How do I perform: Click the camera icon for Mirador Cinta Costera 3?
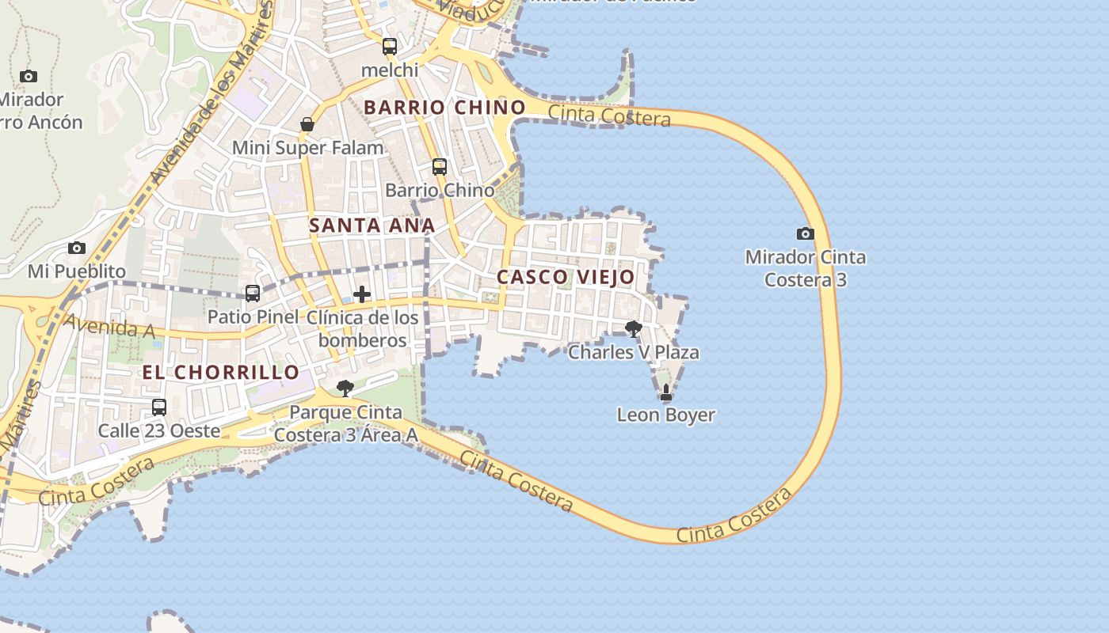click(x=805, y=233)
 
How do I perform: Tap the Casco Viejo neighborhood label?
click(x=566, y=277)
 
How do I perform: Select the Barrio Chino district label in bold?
click(x=444, y=107)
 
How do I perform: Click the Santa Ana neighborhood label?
click(x=372, y=225)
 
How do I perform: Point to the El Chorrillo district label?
click(x=221, y=372)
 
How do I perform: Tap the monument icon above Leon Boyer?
click(x=665, y=392)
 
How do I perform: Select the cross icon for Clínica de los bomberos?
click(x=362, y=294)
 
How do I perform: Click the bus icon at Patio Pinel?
click(x=252, y=294)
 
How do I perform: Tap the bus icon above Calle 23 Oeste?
click(x=159, y=407)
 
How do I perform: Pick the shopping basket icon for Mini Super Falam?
click(x=307, y=124)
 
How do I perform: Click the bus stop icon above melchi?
click(x=389, y=47)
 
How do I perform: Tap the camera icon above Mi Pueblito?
click(x=76, y=248)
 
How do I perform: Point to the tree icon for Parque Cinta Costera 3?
click(x=345, y=388)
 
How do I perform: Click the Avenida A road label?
click(x=109, y=326)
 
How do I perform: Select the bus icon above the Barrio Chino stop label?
click(x=440, y=167)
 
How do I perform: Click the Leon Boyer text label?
click(x=665, y=415)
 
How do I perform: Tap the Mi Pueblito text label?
click(x=77, y=271)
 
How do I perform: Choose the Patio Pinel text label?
click(x=253, y=316)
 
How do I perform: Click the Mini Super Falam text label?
click(x=307, y=148)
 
